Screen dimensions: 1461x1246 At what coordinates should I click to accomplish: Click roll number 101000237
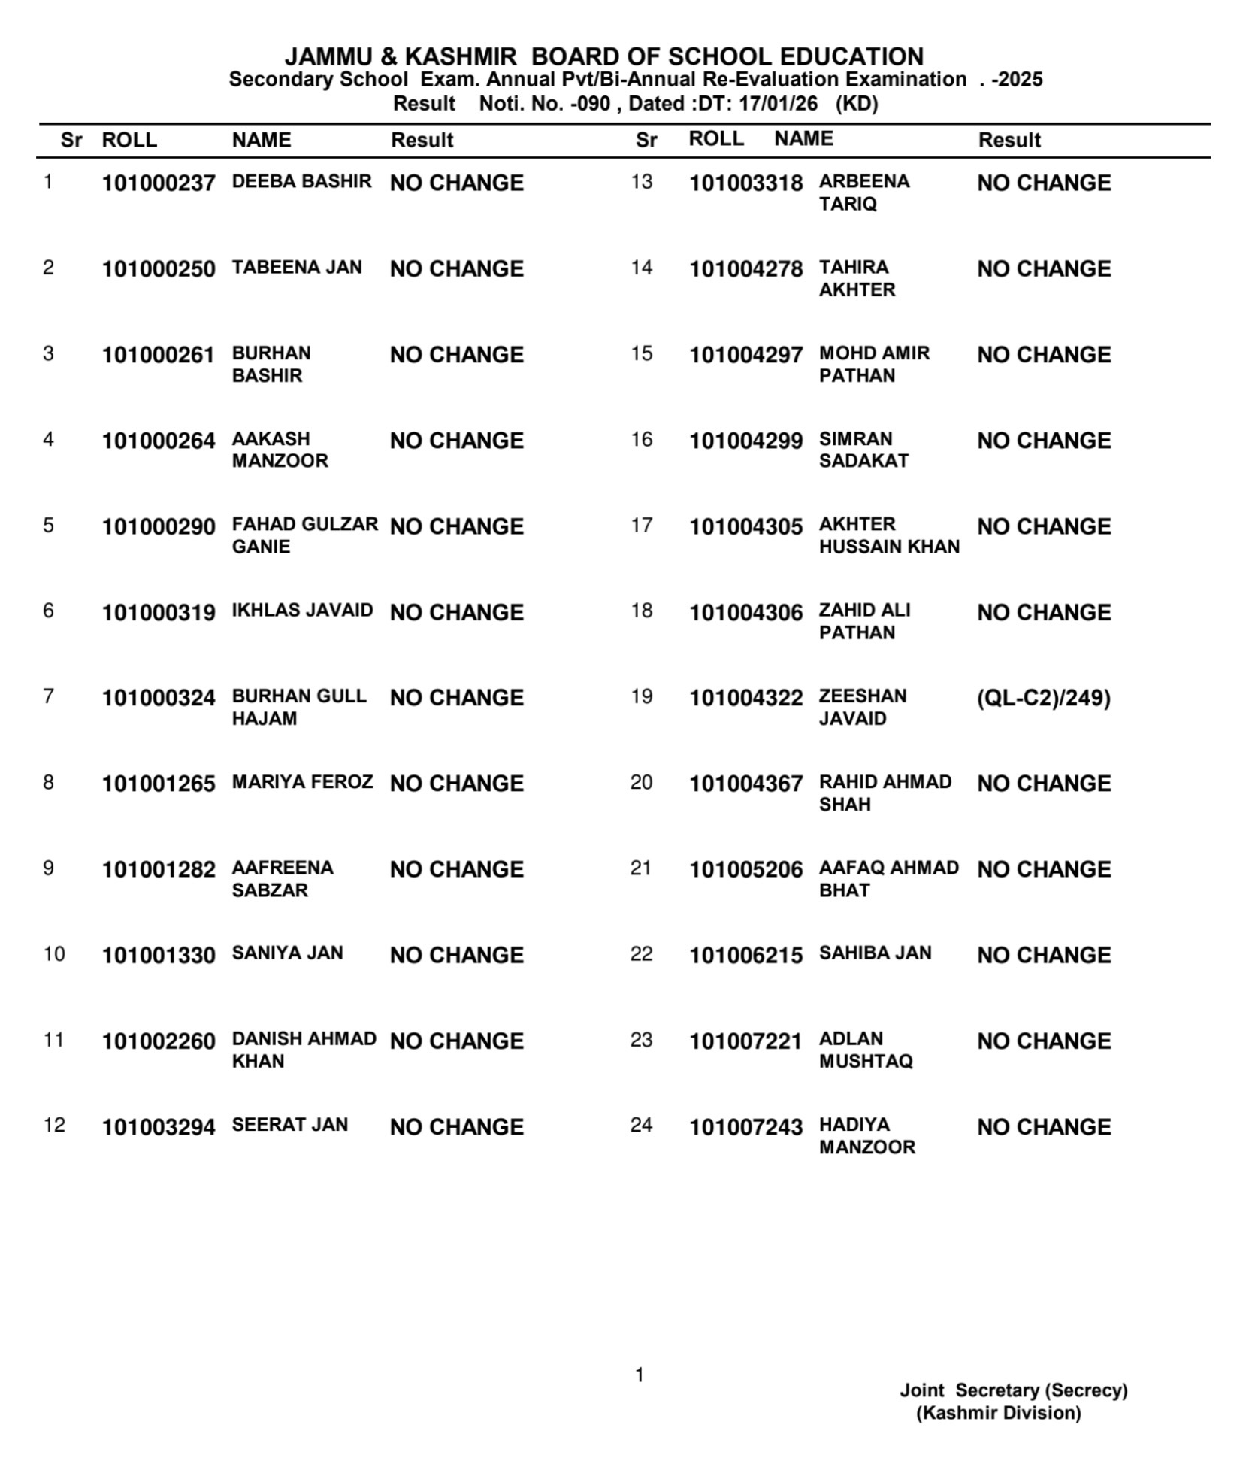point(159,183)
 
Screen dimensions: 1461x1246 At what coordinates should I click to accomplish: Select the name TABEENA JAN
point(297,268)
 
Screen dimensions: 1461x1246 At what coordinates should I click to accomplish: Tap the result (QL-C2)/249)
point(1043,698)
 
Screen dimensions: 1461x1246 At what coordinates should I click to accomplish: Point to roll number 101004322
point(745,699)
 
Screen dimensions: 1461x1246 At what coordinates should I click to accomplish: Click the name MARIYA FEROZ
point(302,782)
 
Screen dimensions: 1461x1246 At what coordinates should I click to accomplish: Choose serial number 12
point(54,1125)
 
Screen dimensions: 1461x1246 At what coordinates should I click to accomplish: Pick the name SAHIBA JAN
point(875,953)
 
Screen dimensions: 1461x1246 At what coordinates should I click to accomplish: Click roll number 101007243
point(745,1127)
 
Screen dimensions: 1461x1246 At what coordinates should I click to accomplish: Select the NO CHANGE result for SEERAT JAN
point(456,1127)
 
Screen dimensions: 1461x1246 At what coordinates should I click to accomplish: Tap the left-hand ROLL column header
point(129,140)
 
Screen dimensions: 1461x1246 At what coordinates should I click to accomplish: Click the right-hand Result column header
point(1009,140)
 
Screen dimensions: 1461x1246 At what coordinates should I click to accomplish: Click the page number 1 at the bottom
point(640,1375)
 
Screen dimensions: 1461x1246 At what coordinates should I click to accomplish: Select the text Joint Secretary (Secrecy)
point(1013,1390)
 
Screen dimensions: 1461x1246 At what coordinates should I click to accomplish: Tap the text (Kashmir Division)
point(998,1412)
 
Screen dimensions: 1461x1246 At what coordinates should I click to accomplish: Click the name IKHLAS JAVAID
point(302,610)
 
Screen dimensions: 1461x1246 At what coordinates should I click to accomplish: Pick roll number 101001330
point(159,956)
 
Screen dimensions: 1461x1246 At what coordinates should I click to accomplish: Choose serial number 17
point(641,525)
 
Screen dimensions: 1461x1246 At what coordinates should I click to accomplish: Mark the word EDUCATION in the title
point(851,57)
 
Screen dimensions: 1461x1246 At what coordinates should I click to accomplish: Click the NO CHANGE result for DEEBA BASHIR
point(456,183)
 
